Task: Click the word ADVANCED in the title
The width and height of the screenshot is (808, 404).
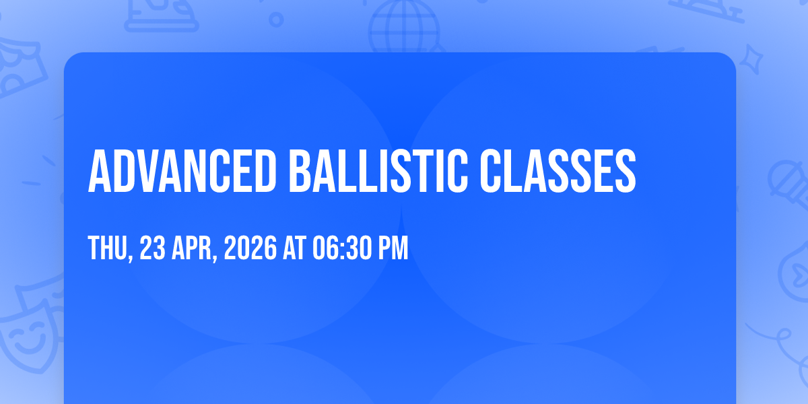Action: click(182, 171)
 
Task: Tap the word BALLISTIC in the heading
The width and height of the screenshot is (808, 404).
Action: click(378, 171)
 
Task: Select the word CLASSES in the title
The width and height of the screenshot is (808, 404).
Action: click(558, 171)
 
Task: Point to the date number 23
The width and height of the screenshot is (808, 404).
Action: click(153, 248)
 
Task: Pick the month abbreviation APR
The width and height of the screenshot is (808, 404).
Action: click(192, 248)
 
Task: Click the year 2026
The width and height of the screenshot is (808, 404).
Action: click(250, 248)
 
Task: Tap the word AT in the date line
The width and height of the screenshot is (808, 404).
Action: click(295, 248)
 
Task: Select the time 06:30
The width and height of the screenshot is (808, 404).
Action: click(342, 248)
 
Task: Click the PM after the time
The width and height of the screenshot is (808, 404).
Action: click(393, 248)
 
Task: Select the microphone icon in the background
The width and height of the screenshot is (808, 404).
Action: click(788, 184)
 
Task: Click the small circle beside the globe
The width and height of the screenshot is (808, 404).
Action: click(276, 20)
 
